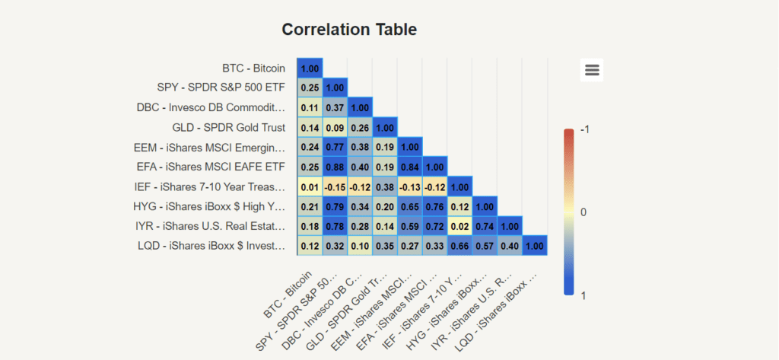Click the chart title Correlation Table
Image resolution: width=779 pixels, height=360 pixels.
(349, 30)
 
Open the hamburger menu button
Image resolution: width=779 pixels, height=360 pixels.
(592, 70)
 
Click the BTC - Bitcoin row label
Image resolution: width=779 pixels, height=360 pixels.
(253, 68)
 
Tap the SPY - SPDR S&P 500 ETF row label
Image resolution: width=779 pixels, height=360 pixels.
(221, 88)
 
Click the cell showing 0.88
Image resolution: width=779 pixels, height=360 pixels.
(335, 167)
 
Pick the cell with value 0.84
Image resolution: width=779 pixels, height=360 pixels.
(410, 167)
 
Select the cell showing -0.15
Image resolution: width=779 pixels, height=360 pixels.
(335, 186)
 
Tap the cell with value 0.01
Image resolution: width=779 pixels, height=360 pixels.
(310, 186)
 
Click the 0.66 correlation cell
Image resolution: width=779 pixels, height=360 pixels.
(459, 246)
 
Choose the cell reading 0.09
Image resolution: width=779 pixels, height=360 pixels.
(335, 127)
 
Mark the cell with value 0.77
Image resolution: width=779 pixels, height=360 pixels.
(335, 147)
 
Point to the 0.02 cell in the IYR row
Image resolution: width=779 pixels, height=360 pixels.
(459, 226)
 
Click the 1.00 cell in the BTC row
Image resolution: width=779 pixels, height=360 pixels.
(310, 68)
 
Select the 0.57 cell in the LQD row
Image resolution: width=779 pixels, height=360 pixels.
(485, 246)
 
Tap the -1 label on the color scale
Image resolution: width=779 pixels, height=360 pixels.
(584, 130)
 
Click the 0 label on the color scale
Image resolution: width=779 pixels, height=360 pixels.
(584, 212)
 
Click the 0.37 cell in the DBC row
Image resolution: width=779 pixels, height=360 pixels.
(335, 107)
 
